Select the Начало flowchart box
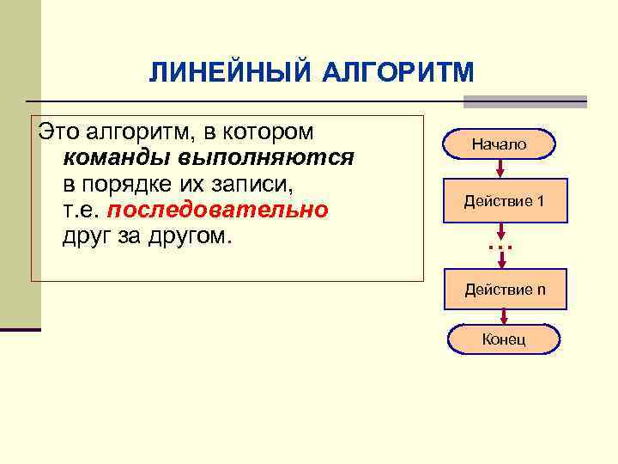click(500, 145)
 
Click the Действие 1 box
click(504, 201)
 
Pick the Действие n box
click(505, 290)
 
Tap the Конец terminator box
click(504, 339)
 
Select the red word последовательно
click(218, 210)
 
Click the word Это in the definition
click(58, 132)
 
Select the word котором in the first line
click(276, 132)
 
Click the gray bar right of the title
click(525, 101)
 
